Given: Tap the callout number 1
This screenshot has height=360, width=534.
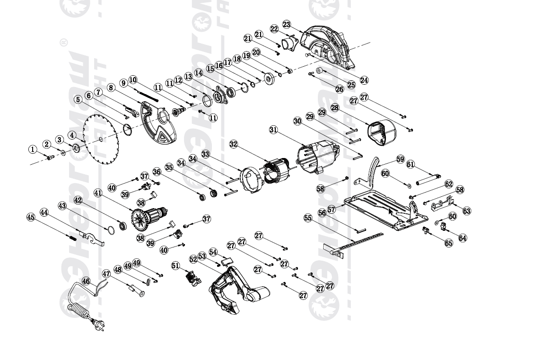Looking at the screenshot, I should (33, 149).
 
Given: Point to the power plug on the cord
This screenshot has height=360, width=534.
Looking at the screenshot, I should (98, 324).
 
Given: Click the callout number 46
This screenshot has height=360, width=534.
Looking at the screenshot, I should (86, 281).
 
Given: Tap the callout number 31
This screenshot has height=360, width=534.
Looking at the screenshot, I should (273, 130).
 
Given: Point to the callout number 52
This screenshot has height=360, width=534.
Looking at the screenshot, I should (193, 259).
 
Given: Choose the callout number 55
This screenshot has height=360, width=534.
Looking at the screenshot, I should (308, 218).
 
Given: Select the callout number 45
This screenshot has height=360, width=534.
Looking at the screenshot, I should (31, 217).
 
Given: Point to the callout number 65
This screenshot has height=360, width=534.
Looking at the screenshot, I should (448, 243).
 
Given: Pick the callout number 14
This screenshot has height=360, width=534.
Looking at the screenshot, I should (199, 73).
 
